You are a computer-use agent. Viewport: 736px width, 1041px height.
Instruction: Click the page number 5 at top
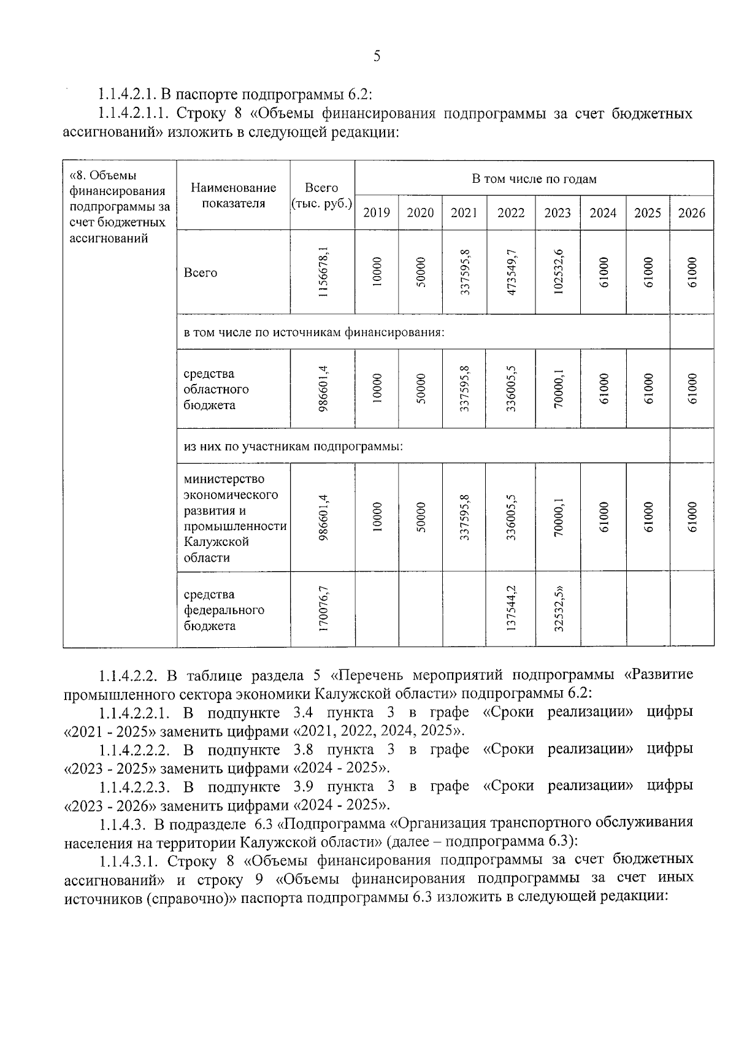click(x=377, y=57)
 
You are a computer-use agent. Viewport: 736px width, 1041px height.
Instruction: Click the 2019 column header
click(x=377, y=213)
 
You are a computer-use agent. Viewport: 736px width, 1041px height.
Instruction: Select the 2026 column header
click(x=691, y=213)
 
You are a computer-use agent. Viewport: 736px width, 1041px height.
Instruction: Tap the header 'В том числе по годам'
click(x=534, y=179)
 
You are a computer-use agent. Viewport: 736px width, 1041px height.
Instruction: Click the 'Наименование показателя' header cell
click(x=233, y=196)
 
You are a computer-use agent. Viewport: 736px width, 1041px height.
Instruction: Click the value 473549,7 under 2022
click(x=511, y=272)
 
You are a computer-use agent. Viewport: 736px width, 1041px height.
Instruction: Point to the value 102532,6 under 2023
click(x=558, y=272)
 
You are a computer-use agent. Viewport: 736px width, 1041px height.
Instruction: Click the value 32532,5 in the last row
click(x=558, y=609)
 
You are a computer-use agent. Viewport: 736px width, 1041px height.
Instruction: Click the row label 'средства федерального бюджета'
click(x=224, y=610)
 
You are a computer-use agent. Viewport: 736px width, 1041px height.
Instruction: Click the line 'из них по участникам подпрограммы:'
click(x=293, y=446)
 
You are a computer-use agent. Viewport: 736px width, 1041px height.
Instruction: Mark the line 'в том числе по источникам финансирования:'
click(x=313, y=332)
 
